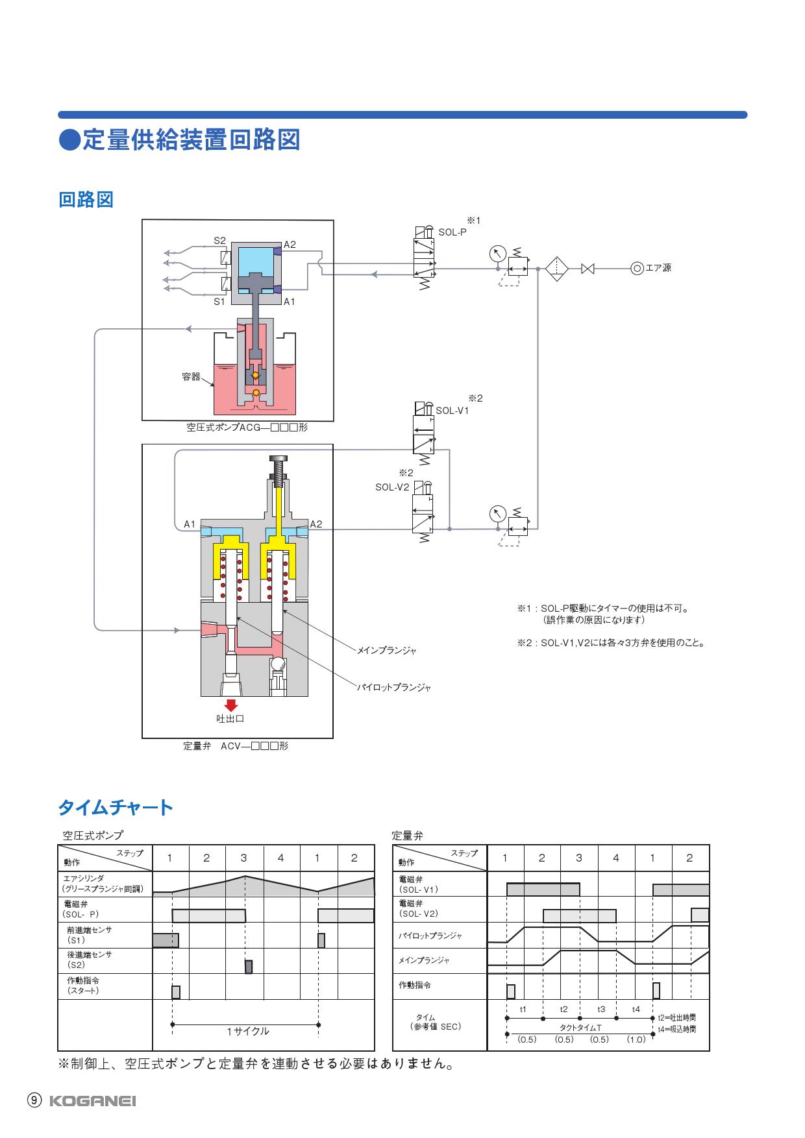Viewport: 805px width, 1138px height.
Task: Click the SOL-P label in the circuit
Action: (x=452, y=232)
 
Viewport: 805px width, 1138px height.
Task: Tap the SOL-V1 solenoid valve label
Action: (x=452, y=410)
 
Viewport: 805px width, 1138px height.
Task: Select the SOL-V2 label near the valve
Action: (x=392, y=487)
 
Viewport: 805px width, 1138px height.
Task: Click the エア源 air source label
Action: (x=658, y=267)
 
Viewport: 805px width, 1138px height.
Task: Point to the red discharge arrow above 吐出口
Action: (x=231, y=705)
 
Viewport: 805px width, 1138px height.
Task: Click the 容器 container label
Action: (x=191, y=377)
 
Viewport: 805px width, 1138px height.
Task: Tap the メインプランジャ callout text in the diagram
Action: (x=387, y=649)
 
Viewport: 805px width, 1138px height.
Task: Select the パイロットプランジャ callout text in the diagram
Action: (x=394, y=687)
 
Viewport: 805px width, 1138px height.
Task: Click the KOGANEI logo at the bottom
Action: (x=93, y=1101)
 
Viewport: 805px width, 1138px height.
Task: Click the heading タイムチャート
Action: (x=116, y=808)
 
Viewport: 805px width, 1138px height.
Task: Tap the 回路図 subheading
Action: (x=86, y=199)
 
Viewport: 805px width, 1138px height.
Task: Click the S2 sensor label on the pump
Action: (x=219, y=241)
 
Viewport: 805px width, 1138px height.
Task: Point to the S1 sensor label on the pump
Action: (x=219, y=302)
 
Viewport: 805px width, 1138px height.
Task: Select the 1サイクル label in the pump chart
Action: (x=247, y=1031)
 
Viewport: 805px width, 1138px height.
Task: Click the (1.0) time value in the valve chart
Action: (x=636, y=1039)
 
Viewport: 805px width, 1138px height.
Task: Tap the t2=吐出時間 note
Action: (x=676, y=1018)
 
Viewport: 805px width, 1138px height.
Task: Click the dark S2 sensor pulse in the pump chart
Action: (x=248, y=967)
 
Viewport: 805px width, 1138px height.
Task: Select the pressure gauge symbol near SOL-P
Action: (x=497, y=254)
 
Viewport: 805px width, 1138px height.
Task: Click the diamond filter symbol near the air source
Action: (x=557, y=267)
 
